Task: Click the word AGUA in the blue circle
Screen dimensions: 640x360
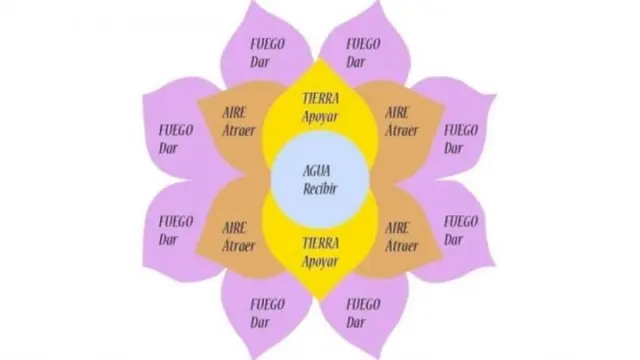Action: click(x=317, y=171)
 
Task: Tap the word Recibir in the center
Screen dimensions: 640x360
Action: click(x=320, y=189)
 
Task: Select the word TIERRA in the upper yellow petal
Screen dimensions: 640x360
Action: click(x=321, y=98)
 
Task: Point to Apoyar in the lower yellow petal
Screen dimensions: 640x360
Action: click(x=320, y=261)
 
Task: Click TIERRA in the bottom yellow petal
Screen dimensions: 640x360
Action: click(x=321, y=243)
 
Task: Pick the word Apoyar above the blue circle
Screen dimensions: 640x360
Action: click(x=320, y=116)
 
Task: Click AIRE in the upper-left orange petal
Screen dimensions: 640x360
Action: click(x=234, y=112)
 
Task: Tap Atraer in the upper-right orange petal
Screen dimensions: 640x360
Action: click(x=402, y=131)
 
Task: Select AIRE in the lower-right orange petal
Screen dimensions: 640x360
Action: click(x=397, y=228)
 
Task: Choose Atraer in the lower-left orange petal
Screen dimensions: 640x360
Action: click(x=239, y=246)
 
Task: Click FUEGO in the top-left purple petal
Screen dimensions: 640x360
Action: click(x=267, y=44)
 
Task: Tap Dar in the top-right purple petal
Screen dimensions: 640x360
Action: click(x=356, y=62)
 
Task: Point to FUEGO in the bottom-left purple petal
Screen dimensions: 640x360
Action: click(x=267, y=304)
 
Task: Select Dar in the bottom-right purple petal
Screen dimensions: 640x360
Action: click(x=356, y=322)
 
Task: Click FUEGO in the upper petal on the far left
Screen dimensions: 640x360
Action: click(x=176, y=131)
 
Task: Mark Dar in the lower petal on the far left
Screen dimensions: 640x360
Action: click(x=168, y=240)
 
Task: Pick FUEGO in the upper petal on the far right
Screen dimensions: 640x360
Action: click(x=461, y=131)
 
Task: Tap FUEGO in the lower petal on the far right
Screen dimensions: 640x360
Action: click(x=461, y=222)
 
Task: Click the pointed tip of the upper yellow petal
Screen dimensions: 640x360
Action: click(x=321, y=58)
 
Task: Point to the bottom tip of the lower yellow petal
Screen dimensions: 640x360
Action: click(x=320, y=301)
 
